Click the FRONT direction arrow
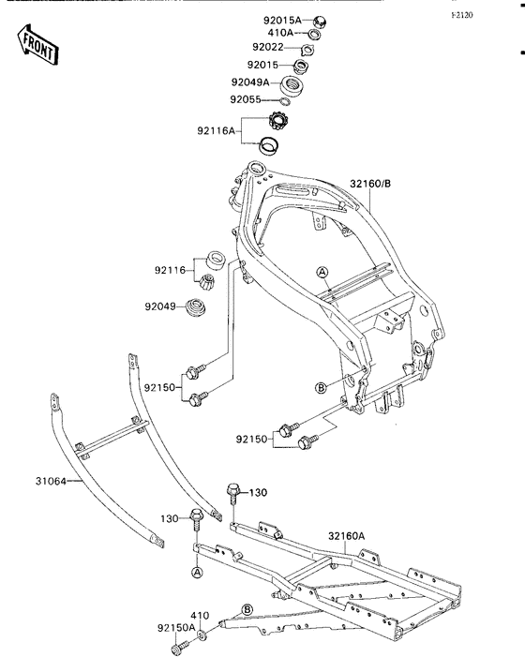pos(37,45)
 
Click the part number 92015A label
pos(282,20)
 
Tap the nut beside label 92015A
pos(321,21)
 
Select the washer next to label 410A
pos(314,34)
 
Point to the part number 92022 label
pos(268,47)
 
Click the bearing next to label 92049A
pos(292,84)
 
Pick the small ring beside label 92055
pos(285,101)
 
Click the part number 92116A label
pos(217,130)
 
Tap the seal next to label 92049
pos(196,307)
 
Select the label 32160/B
pos(370,184)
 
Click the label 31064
pos(51,482)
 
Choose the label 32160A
pos(347,536)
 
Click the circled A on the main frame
pos(322,272)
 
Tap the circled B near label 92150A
pos(247,610)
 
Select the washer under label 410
pos(202,635)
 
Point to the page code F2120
pos(462,15)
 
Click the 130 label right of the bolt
pos(258,493)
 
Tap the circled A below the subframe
pos(197,572)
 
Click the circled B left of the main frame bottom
pos(321,388)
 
